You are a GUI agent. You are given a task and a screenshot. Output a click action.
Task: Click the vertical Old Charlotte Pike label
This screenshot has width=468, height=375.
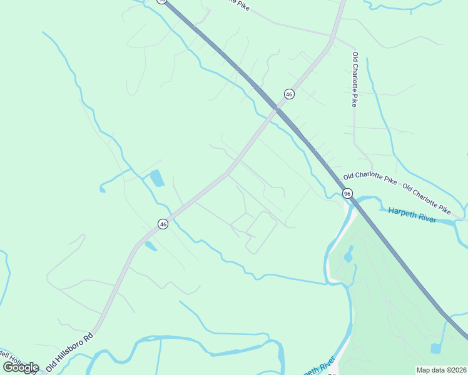click(355, 79)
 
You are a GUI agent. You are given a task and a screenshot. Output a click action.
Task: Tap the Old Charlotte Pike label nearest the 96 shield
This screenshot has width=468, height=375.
click(370, 178)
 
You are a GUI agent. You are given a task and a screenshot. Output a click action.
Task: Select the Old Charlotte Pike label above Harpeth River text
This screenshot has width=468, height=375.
click(427, 198)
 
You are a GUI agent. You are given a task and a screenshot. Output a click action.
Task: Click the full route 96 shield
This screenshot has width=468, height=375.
click(347, 194)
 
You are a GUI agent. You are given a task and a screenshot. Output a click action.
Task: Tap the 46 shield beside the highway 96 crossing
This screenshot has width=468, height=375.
click(289, 94)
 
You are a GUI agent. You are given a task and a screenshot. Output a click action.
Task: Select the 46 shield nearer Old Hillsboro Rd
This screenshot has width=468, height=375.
click(163, 224)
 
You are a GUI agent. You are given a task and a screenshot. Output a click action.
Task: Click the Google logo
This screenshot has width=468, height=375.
click(21, 367)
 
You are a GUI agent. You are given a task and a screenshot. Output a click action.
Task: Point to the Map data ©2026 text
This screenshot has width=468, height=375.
click(441, 370)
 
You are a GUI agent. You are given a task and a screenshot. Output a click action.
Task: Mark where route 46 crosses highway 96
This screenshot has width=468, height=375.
click(275, 110)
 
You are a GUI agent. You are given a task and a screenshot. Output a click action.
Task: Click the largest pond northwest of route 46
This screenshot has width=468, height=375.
click(156, 179)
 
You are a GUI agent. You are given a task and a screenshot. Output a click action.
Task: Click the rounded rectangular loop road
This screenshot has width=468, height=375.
click(262, 232)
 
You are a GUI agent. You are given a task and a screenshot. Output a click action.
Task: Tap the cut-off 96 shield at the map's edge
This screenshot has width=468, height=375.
click(161, 1)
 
